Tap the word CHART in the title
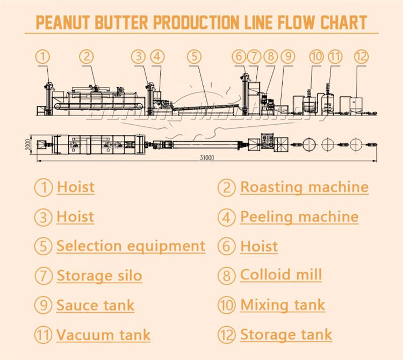344,23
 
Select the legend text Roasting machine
304,187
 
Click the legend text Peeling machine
299,217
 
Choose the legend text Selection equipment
131,246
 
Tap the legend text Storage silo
99,276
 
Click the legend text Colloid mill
280,275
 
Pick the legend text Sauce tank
95,305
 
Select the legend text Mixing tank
282,305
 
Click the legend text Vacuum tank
103,335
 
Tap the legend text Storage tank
286,334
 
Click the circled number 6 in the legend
227,247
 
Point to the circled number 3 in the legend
44,217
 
